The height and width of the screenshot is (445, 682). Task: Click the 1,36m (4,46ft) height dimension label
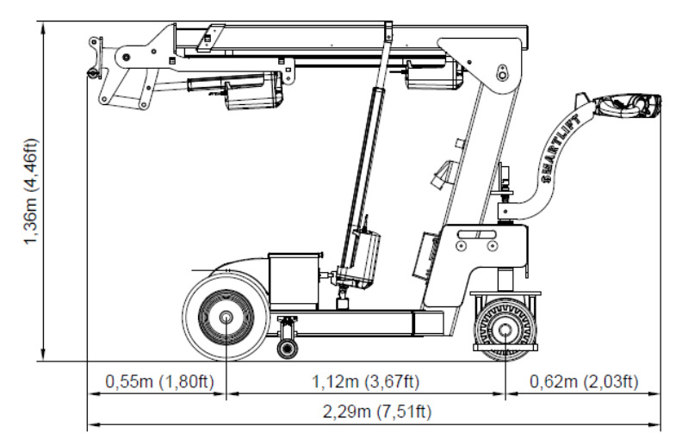point(31,192)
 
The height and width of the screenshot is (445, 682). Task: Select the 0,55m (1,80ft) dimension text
point(159,382)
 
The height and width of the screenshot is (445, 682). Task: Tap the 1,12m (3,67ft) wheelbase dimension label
point(365,382)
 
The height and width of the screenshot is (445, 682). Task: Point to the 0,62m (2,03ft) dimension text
point(584,382)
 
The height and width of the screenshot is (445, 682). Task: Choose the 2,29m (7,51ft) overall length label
point(376,411)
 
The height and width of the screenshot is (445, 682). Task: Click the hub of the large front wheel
point(226,318)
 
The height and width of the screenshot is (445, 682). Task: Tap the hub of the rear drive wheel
point(505,331)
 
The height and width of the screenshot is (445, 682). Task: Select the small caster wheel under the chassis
point(288,348)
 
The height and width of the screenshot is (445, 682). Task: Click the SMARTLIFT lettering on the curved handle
point(561,149)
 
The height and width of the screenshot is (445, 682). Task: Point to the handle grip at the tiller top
point(629,106)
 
